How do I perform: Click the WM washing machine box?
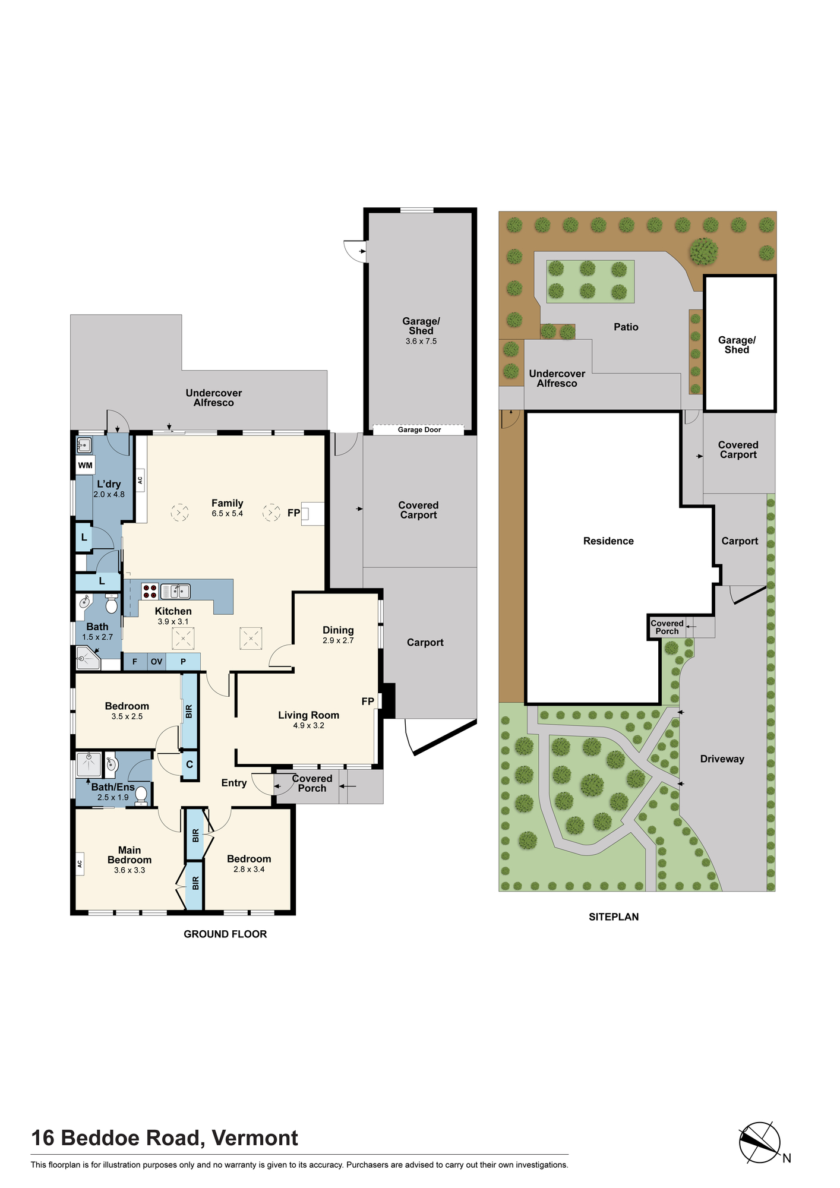(85, 465)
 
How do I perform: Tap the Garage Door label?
(419, 429)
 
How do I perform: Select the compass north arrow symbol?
(760, 1142)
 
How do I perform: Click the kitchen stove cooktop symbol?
(150, 592)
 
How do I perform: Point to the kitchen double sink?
(175, 591)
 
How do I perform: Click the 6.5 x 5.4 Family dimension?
(228, 514)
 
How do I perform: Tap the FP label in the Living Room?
(368, 702)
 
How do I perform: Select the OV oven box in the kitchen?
(156, 662)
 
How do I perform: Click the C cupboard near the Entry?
(190, 764)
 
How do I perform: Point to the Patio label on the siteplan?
(626, 327)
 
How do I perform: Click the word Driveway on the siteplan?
(722, 759)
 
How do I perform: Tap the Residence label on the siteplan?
(608, 541)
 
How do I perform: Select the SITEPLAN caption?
(614, 917)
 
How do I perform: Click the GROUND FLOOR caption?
(225, 934)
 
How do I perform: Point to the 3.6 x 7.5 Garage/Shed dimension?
(421, 342)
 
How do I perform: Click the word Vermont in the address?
(255, 1138)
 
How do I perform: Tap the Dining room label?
(338, 630)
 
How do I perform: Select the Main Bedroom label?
(130, 855)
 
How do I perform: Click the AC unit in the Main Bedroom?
(80, 864)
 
